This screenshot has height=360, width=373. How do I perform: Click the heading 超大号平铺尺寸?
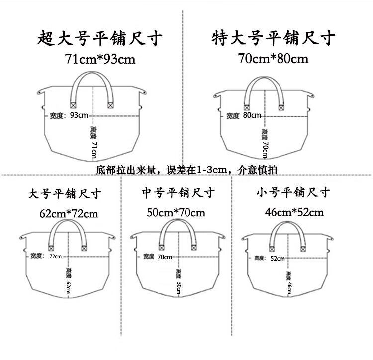pyautogui.click(x=100, y=38)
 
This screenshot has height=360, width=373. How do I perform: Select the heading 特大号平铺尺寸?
pyautogui.click(x=274, y=38)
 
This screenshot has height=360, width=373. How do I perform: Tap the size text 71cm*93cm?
pyautogui.click(x=100, y=59)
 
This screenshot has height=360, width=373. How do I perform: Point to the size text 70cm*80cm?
pyautogui.click(x=274, y=59)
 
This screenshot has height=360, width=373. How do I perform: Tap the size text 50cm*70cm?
pyautogui.click(x=176, y=212)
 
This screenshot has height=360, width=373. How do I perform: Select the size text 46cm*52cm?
pyautogui.click(x=294, y=212)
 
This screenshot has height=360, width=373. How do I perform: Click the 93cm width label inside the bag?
pyautogui.click(x=79, y=115)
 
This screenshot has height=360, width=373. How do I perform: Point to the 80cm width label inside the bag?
pyautogui.click(x=252, y=115)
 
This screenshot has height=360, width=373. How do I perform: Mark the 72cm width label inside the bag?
pyautogui.click(x=55, y=256)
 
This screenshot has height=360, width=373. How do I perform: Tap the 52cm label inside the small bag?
pyautogui.click(x=278, y=258)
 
